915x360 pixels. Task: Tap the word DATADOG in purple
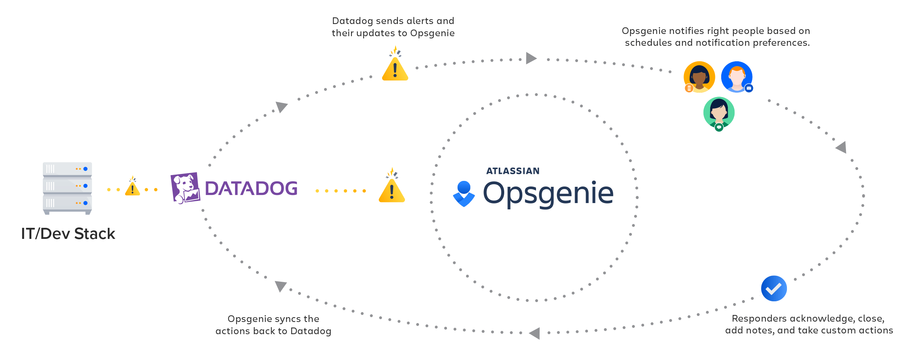251,188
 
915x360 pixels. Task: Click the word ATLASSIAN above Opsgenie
513,171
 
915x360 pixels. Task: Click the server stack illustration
67,188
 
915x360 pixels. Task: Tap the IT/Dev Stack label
68,234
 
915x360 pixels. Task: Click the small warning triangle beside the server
132,188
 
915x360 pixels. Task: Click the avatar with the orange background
699,76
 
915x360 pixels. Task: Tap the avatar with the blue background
737,76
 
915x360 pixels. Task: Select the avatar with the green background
719,112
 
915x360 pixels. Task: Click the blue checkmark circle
774,288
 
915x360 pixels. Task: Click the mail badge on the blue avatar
749,88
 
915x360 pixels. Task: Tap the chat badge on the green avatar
719,127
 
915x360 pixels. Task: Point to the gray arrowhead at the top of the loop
530,58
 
